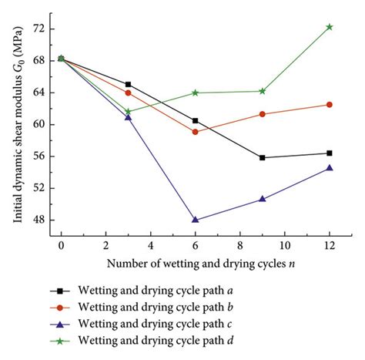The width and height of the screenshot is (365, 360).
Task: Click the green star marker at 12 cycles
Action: [330, 27]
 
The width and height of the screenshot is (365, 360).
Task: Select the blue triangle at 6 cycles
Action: [195, 220]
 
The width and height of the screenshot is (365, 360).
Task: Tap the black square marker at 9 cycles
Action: [263, 157]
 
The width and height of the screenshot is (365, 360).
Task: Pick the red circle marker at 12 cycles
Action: [330, 104]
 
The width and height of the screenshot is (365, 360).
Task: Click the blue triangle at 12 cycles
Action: [330, 167]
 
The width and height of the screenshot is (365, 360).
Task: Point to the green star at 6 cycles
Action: [195, 93]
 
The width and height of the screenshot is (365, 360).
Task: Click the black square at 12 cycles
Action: [330, 153]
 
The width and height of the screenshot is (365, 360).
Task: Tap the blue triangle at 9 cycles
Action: [263, 199]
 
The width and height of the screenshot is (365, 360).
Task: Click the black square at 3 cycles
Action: [128, 84]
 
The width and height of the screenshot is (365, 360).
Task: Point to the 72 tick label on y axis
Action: [39, 29]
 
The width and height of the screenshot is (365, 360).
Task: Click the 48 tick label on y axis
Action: [39, 220]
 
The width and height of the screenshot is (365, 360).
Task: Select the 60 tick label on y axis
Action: [39, 124]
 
